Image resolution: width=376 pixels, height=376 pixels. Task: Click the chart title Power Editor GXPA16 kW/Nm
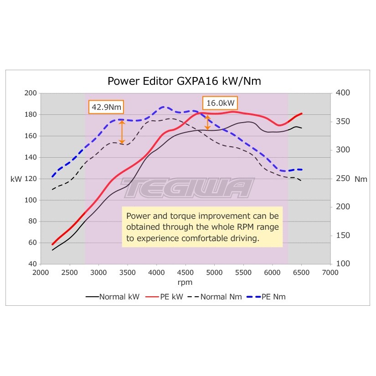[x=184, y=81]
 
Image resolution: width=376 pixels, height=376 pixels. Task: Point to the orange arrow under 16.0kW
[x=208, y=122]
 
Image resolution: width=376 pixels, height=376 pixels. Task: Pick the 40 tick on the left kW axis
[x=32, y=264]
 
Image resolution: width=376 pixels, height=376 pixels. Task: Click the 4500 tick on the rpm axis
[x=185, y=273]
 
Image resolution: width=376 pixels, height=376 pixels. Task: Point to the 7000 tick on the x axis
[x=330, y=273]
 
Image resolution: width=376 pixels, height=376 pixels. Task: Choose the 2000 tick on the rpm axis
[x=41, y=273]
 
